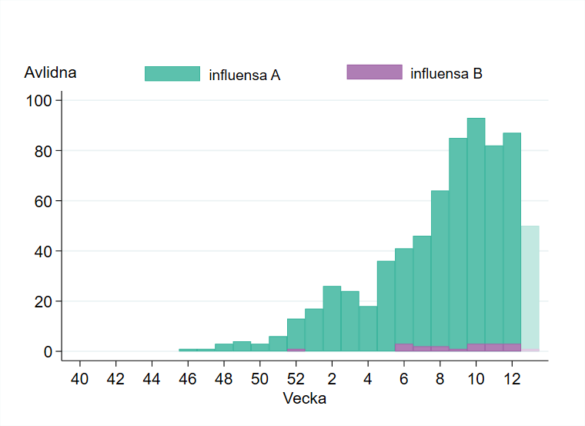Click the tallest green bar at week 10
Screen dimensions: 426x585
click(476, 231)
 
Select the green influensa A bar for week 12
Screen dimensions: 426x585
click(512, 239)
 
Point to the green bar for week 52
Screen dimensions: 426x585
click(296, 333)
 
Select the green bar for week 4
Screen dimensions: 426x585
click(368, 328)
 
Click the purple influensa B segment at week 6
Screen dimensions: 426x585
click(404, 347)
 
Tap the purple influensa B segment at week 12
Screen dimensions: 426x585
click(512, 347)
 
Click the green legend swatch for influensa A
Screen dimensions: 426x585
click(172, 74)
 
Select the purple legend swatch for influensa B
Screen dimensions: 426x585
click(374, 72)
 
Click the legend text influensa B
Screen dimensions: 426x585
click(446, 74)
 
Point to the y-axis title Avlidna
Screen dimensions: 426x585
click(50, 73)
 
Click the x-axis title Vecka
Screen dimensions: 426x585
click(304, 399)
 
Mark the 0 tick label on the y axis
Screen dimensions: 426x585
click(48, 351)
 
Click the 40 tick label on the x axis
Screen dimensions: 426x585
click(79, 379)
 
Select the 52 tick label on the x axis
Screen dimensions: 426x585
click(296, 379)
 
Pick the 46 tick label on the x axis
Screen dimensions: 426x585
click(188, 379)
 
